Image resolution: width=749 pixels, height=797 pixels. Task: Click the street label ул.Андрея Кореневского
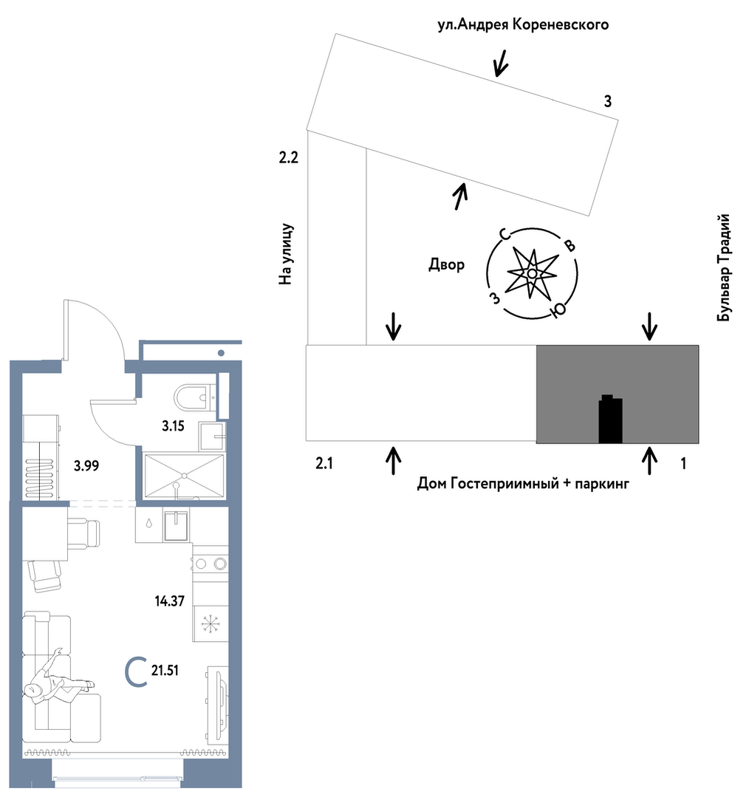click(523, 26)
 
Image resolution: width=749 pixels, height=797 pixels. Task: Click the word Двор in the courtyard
click(446, 265)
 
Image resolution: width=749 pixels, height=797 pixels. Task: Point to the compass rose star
click(531, 274)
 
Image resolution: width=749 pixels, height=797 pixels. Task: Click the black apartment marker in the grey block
click(610, 420)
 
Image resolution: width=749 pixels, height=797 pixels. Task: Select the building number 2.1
click(325, 464)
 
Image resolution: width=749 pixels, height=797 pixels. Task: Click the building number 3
click(607, 102)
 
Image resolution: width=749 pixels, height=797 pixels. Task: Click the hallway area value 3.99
click(86, 465)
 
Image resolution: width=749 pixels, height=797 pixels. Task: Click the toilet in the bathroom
click(192, 397)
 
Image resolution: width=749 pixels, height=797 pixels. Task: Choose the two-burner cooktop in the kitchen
click(210, 564)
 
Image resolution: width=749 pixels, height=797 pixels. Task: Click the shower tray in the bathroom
click(184, 475)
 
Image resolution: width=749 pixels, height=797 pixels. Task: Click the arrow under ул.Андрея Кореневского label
click(502, 64)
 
